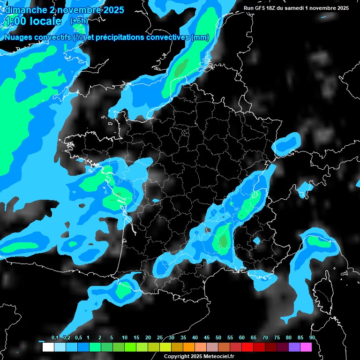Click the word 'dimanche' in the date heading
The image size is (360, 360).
click(x=23, y=9)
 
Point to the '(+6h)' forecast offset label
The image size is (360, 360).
click(x=79, y=21)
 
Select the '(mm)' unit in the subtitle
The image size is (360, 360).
click(x=200, y=37)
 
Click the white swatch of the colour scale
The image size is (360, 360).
click(x=48, y=347)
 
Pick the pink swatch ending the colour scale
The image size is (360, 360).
click(x=306, y=347)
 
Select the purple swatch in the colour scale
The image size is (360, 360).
click(x=294, y=347)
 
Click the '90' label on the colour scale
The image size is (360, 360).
click(x=312, y=337)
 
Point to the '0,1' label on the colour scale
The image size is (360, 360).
click(x=55, y=337)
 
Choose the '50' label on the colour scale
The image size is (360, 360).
click(x=218, y=337)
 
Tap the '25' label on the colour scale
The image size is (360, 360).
click(x=160, y=337)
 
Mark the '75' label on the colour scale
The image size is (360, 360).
click(x=277, y=337)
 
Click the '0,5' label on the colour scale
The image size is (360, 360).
click(x=78, y=337)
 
